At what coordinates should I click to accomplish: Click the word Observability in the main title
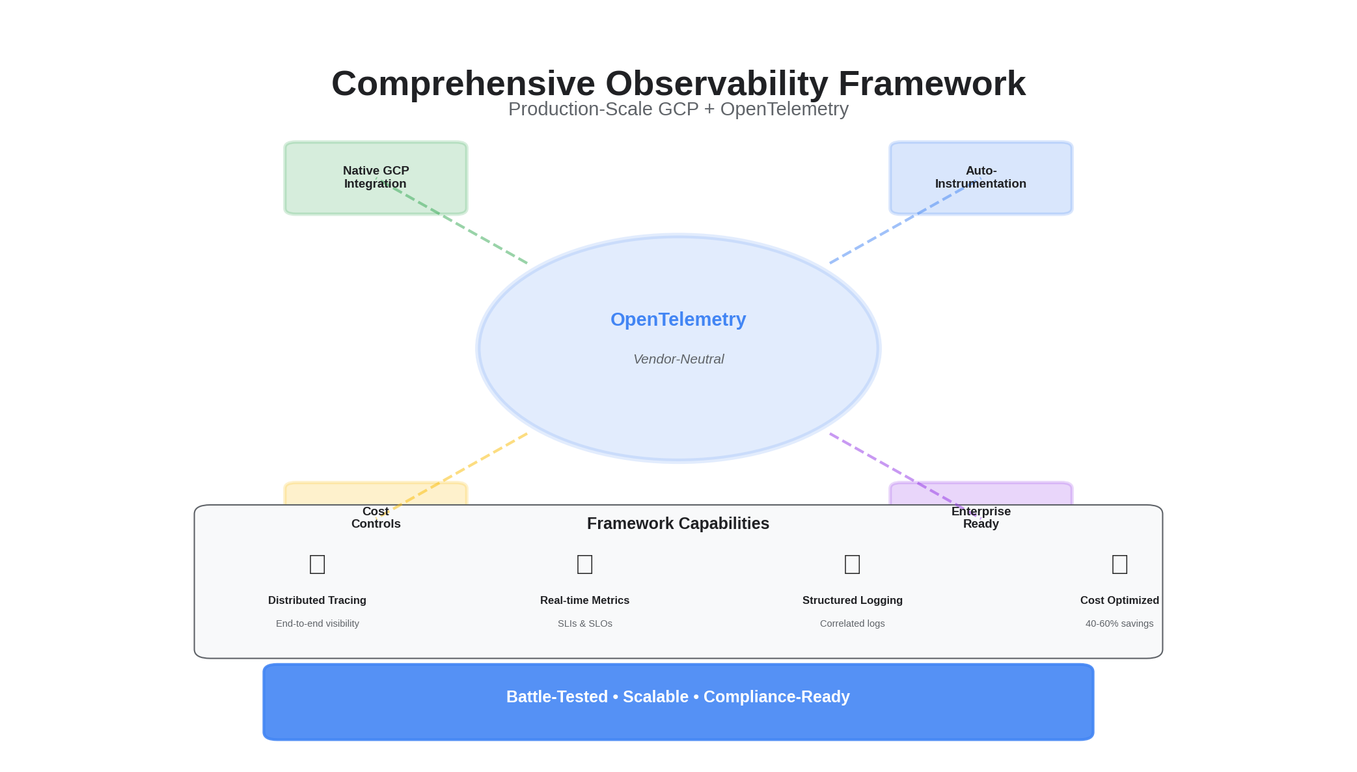716,84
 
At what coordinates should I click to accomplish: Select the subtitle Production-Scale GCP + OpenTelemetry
678,109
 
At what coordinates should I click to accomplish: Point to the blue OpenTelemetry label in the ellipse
678,319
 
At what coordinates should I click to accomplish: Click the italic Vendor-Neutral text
678,359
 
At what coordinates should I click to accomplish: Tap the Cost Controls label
376,518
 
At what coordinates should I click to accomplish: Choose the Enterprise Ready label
981,518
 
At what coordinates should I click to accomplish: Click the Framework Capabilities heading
678,523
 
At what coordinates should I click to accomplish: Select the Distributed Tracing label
317,600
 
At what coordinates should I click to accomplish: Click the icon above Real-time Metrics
584,564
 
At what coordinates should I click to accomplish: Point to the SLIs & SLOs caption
584,623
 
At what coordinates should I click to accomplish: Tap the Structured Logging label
852,600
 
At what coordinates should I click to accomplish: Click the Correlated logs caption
852,623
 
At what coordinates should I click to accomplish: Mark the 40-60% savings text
1119,623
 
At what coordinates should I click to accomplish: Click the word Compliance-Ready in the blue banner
776,697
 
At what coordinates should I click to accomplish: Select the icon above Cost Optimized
1119,564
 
